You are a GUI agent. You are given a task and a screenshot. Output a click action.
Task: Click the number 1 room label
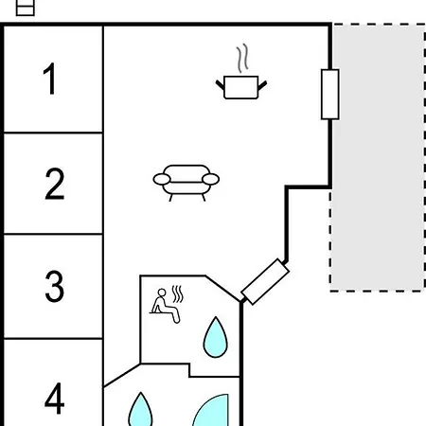click(50, 79)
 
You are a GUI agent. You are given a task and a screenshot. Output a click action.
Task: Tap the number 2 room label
click(55, 184)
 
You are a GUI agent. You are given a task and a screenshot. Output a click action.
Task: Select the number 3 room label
click(55, 286)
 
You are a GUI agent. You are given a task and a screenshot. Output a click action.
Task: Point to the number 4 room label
click(55, 398)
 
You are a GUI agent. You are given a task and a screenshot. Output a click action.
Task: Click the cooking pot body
click(241, 87)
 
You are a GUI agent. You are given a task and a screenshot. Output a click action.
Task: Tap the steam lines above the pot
click(242, 59)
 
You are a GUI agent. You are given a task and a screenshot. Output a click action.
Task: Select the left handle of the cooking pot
click(220, 84)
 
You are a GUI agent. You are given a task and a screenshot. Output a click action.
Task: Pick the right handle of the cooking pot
click(262, 85)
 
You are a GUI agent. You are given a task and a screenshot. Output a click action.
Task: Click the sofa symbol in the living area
click(186, 183)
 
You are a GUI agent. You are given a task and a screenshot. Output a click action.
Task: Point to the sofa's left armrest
click(162, 179)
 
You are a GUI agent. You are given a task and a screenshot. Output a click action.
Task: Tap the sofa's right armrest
click(210, 179)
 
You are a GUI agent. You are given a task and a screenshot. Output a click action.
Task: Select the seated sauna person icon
click(165, 306)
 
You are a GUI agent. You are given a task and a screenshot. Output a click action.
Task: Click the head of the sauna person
click(162, 293)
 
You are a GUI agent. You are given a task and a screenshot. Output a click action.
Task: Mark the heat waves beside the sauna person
click(178, 294)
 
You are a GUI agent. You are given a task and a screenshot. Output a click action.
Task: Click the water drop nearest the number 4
click(140, 410)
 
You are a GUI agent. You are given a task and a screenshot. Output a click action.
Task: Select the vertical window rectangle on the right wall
click(330, 95)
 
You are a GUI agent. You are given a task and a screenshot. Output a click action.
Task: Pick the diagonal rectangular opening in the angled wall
click(265, 282)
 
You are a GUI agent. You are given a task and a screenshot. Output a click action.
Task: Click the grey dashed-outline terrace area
click(378, 157)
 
